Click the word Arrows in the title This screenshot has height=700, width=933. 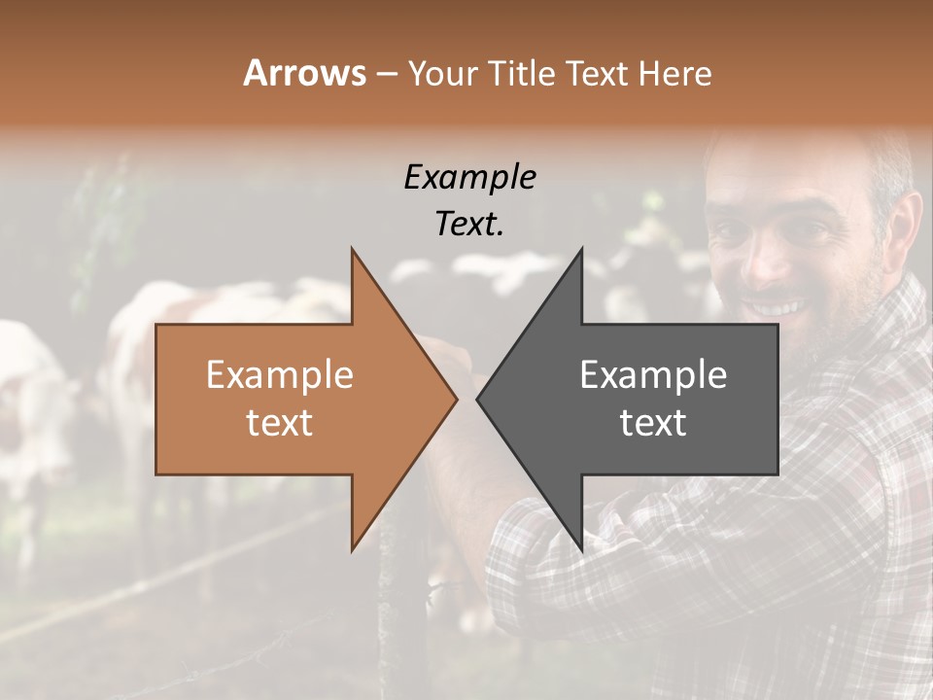[304, 73]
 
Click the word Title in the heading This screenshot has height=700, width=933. [520, 74]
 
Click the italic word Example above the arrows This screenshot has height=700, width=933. [469, 178]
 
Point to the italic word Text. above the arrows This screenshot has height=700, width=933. [469, 225]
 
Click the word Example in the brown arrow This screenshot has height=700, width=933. [279, 375]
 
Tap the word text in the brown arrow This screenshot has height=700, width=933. [279, 423]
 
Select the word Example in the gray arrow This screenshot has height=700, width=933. [653, 375]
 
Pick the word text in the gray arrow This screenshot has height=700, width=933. [653, 423]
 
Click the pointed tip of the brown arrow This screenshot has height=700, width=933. [456, 399]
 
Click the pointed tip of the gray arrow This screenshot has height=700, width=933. [477, 399]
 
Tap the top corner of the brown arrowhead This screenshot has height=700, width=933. [353, 250]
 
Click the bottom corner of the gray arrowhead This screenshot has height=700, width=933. [581, 549]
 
